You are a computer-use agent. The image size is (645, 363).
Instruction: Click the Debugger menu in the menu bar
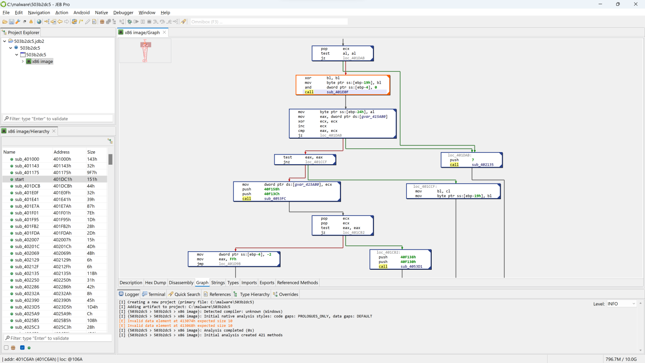pyautogui.click(x=123, y=13)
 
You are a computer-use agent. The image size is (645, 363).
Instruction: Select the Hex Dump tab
pyautogui.click(x=155, y=283)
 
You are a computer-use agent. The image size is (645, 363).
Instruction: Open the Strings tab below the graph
pyautogui.click(x=218, y=283)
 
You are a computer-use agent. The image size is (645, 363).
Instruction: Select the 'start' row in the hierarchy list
pyautogui.click(x=19, y=179)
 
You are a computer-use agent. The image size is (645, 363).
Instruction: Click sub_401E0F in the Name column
pyautogui.click(x=27, y=193)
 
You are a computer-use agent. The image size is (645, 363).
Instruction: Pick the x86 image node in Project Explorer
pyautogui.click(x=42, y=61)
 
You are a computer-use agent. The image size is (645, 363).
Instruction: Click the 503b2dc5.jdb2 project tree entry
pyautogui.click(x=29, y=41)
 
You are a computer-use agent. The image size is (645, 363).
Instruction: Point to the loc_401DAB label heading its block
pyautogui.click(x=459, y=155)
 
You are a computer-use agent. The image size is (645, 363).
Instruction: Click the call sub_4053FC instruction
pyautogui.click(x=275, y=199)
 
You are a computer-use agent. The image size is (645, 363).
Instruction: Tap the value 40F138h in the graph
pyautogui.click(x=408, y=257)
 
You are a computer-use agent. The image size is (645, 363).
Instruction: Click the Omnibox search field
pyautogui.click(x=269, y=22)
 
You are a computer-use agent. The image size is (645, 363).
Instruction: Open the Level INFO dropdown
pyautogui.click(x=621, y=304)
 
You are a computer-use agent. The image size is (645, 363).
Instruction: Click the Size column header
pyautogui.click(x=91, y=152)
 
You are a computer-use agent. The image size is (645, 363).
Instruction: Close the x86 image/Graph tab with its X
pyautogui.click(x=165, y=32)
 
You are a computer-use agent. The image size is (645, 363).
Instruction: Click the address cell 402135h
pyautogui.click(x=62, y=274)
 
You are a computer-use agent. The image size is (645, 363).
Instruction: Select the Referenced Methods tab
pyautogui.click(x=297, y=283)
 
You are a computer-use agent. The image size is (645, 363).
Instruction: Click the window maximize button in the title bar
pyautogui.click(x=618, y=4)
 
